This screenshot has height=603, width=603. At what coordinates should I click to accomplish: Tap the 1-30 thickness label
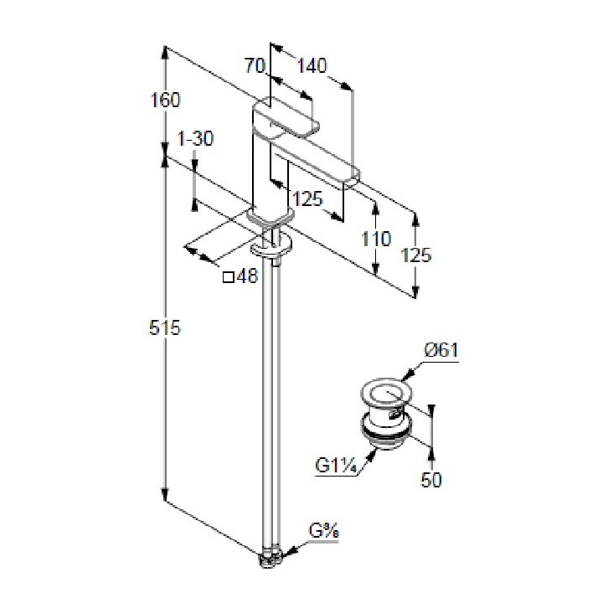(x=198, y=139)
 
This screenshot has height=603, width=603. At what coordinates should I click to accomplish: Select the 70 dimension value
(x=255, y=64)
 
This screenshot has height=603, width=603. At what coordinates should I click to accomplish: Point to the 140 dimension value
(x=312, y=64)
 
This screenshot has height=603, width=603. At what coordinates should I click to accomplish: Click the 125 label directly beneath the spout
(x=308, y=199)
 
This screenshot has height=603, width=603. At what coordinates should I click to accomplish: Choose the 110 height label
(x=377, y=239)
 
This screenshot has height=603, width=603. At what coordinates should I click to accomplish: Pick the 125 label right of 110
(x=417, y=255)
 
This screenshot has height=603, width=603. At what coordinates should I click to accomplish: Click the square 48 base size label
(x=240, y=276)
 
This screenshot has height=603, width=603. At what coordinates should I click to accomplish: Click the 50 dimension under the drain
(x=432, y=479)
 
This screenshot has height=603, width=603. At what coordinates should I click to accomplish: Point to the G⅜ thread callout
(x=324, y=530)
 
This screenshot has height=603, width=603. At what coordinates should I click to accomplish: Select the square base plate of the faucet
(x=271, y=216)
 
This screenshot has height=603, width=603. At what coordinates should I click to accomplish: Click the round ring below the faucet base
(x=273, y=245)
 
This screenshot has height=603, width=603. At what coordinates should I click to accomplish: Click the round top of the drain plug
(x=385, y=393)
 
